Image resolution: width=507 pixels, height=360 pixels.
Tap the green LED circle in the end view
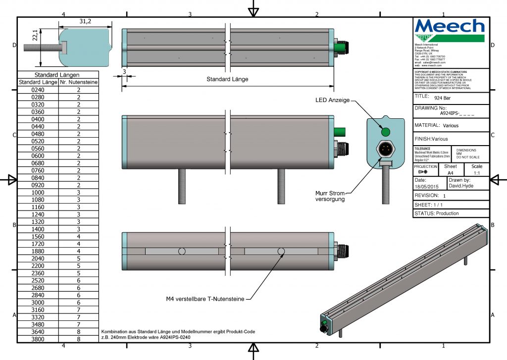tap(386, 131)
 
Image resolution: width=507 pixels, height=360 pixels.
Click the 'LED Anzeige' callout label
tap(332, 100)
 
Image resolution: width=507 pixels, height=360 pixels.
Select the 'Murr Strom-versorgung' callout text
tap(331, 196)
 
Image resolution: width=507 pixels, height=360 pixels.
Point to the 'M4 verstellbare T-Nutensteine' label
tap(205, 299)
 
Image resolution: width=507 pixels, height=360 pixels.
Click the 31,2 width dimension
tap(85, 21)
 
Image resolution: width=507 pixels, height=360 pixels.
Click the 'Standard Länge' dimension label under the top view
tap(227, 79)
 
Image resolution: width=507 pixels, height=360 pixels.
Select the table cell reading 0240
tap(38, 90)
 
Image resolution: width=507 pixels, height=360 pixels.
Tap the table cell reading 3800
tap(38, 339)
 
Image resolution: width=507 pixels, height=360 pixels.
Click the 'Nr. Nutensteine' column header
tap(78, 82)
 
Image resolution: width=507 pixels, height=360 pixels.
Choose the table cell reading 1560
tap(38, 237)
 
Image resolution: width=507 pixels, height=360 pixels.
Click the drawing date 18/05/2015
tap(426, 187)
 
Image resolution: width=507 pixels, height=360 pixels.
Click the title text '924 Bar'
tap(438, 98)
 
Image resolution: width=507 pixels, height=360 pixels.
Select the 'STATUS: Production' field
tap(436, 213)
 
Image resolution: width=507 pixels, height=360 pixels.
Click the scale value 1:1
tap(477, 173)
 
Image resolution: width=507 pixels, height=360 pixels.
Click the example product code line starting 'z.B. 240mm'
tap(146, 337)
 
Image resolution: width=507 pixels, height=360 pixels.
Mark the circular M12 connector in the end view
tap(386, 148)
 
